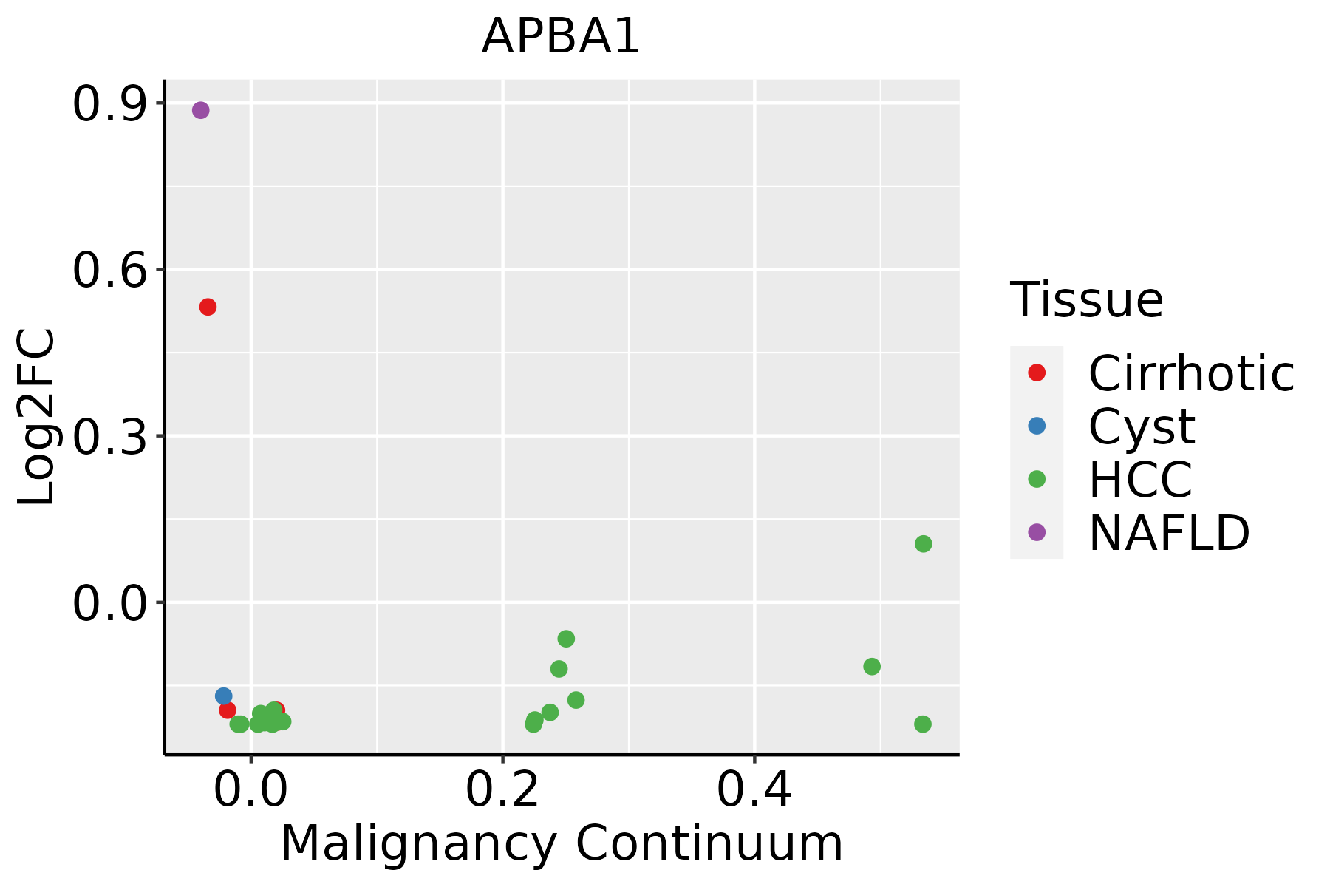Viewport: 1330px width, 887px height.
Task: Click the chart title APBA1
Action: [x=560, y=37]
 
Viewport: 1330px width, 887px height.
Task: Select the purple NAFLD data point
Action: [x=200, y=110]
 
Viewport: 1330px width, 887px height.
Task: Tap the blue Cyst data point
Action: [x=223, y=696]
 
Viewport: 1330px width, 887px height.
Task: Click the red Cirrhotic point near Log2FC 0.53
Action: [x=208, y=307]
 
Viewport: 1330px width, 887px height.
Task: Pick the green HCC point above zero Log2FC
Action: [x=923, y=544]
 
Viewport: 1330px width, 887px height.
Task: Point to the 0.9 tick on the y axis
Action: [x=108, y=105]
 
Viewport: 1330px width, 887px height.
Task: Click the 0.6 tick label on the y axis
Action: [x=108, y=271]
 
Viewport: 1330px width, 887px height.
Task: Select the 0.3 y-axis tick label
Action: [x=108, y=438]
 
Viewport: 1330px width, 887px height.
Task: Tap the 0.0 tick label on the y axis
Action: [x=108, y=604]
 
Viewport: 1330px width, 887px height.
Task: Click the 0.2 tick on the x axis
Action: [x=502, y=790]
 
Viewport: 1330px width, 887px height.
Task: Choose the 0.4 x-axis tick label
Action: [x=754, y=790]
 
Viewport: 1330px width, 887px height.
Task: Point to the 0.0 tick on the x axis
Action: [x=250, y=790]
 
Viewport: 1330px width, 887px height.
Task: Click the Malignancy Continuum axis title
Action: [x=562, y=843]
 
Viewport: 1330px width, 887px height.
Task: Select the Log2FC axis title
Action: [x=37, y=418]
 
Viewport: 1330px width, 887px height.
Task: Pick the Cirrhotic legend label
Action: [x=1190, y=373]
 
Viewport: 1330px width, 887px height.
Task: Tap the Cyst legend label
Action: [x=1141, y=426]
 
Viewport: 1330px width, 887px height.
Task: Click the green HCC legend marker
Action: [x=1037, y=479]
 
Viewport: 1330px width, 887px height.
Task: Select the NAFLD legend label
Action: [x=1169, y=532]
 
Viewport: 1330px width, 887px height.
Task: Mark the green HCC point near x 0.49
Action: [x=872, y=667]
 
